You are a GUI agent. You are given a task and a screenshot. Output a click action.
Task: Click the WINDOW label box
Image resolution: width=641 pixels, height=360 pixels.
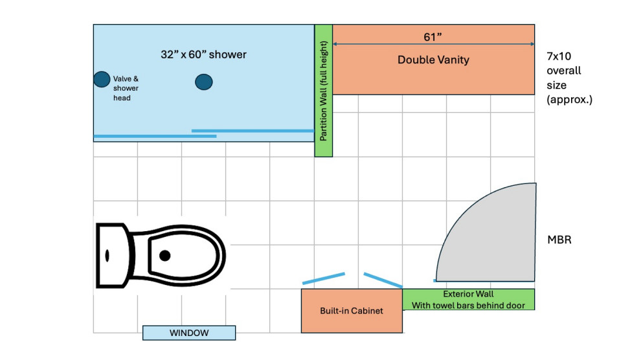click(x=189, y=333)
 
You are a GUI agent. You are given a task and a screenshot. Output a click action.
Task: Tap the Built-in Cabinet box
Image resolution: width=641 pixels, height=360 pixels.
click(x=352, y=311)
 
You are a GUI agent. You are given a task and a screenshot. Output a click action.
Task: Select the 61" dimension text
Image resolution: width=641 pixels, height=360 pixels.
click(x=433, y=37)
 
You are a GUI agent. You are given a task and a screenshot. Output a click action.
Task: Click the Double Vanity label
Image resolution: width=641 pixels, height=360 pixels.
click(x=433, y=60)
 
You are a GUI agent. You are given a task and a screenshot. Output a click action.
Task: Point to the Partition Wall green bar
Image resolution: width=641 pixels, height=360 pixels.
click(x=323, y=91)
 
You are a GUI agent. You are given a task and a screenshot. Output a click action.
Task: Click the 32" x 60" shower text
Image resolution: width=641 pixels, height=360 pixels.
click(x=203, y=54)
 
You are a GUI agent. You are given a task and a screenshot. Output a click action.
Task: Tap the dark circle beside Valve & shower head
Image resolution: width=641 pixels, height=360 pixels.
click(x=102, y=79)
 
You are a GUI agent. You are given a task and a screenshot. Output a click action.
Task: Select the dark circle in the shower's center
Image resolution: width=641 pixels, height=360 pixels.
click(x=203, y=82)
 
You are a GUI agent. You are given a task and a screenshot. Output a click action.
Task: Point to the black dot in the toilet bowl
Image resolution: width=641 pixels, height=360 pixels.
click(x=164, y=255)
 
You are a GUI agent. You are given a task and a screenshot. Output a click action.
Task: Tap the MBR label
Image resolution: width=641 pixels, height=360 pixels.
click(x=559, y=240)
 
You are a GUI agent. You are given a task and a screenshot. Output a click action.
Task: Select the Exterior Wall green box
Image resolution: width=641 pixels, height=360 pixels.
click(x=469, y=300)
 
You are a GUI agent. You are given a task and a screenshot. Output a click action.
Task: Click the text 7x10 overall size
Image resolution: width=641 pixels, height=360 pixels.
click(x=564, y=71)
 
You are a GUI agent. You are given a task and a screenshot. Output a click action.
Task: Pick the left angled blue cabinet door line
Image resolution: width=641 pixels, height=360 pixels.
click(x=324, y=278)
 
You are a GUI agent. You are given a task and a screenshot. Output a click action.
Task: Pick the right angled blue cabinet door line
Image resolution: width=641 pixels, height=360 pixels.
click(x=383, y=280)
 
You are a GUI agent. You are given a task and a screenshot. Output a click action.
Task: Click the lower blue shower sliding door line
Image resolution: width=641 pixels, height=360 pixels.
click(x=155, y=136)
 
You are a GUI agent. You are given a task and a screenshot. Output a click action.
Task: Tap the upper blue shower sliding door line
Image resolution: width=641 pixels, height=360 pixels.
click(x=253, y=131)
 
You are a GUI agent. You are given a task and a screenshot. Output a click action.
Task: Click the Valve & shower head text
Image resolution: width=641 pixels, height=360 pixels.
click(x=126, y=88)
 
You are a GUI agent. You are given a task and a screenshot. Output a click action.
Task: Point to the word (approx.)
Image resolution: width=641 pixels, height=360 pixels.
click(x=570, y=99)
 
